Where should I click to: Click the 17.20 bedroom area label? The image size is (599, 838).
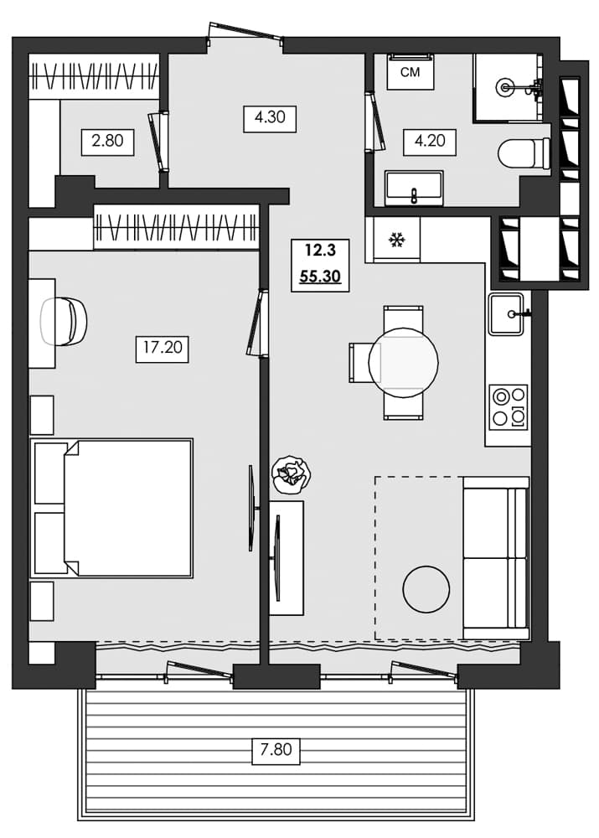pyautogui.click(x=162, y=347)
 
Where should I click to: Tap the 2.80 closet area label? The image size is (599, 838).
pyautogui.click(x=107, y=141)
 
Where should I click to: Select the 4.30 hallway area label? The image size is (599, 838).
pyautogui.click(x=270, y=117)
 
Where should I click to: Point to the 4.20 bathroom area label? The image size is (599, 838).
pyautogui.click(x=429, y=141)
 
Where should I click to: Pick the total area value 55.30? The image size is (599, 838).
pyautogui.click(x=320, y=276)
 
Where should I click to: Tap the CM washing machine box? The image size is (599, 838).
pyautogui.click(x=410, y=73)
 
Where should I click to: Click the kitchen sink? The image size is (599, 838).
pyautogui.click(x=506, y=313)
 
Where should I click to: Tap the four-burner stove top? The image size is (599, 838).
pyautogui.click(x=509, y=406)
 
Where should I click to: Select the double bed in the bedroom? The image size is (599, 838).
pyautogui.click(x=113, y=508)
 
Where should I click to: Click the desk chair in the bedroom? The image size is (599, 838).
pyautogui.click(x=65, y=320)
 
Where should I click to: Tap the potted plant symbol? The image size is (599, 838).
pyautogui.click(x=292, y=474)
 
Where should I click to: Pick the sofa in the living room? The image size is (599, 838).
pyautogui.click(x=496, y=557)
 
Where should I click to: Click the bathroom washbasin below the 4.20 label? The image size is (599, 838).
pyautogui.click(x=414, y=189)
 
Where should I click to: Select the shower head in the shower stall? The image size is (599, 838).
pyautogui.click(x=505, y=85)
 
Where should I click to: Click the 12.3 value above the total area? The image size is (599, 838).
pyautogui.click(x=320, y=250)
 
